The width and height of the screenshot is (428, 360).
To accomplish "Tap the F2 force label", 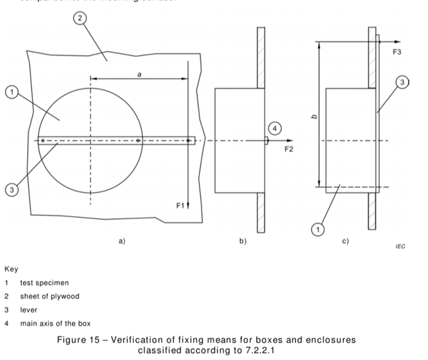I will pyautogui.click(x=289, y=149).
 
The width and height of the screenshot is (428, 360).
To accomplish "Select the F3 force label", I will pyautogui.click(x=397, y=52).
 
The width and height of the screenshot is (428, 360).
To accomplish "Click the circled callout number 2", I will pyautogui.click(x=81, y=18).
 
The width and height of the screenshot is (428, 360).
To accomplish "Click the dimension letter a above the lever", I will pyautogui.click(x=139, y=74).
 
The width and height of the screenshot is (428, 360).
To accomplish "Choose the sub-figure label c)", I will pyautogui.click(x=345, y=240).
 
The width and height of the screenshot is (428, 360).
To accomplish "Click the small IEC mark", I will pyautogui.click(x=400, y=247).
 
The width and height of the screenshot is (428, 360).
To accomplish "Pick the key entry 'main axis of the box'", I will pyautogui.click(x=55, y=323).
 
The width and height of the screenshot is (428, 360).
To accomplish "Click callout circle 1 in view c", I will pyautogui.click(x=317, y=230).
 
